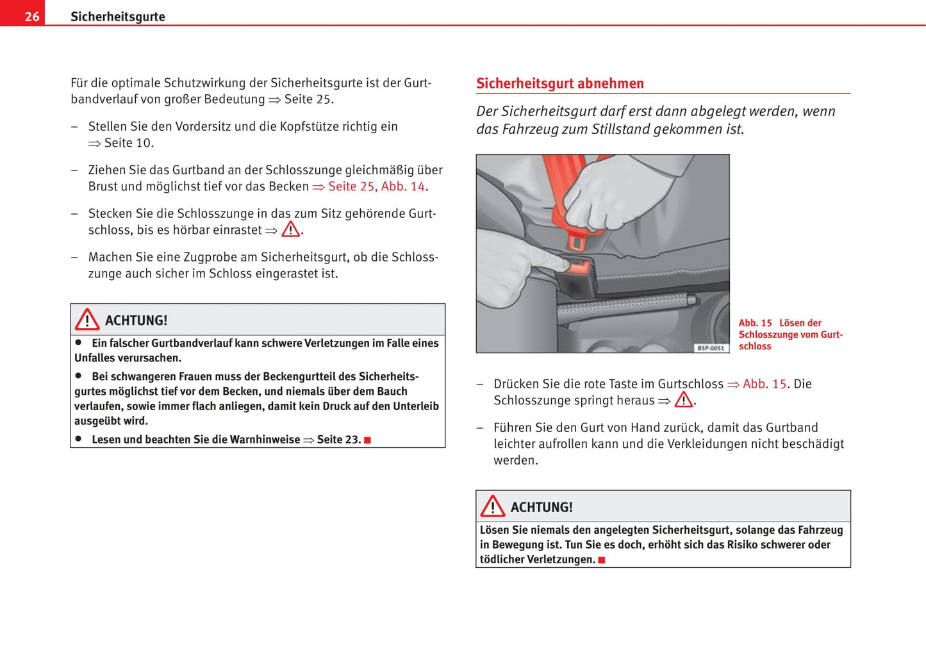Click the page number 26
(x=31, y=17)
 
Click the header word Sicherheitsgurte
(x=117, y=17)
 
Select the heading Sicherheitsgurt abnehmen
(x=559, y=83)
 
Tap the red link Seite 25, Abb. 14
(x=376, y=186)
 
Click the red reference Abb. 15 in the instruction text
(x=764, y=384)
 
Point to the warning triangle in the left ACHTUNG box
(x=87, y=319)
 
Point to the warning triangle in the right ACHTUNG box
(x=493, y=506)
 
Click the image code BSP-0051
(x=711, y=348)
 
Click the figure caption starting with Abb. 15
(x=790, y=335)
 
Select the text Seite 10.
(x=128, y=143)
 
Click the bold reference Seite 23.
(x=339, y=440)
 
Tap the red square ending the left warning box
(x=368, y=440)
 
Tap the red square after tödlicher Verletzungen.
(x=602, y=560)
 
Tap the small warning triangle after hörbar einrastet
(x=290, y=229)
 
